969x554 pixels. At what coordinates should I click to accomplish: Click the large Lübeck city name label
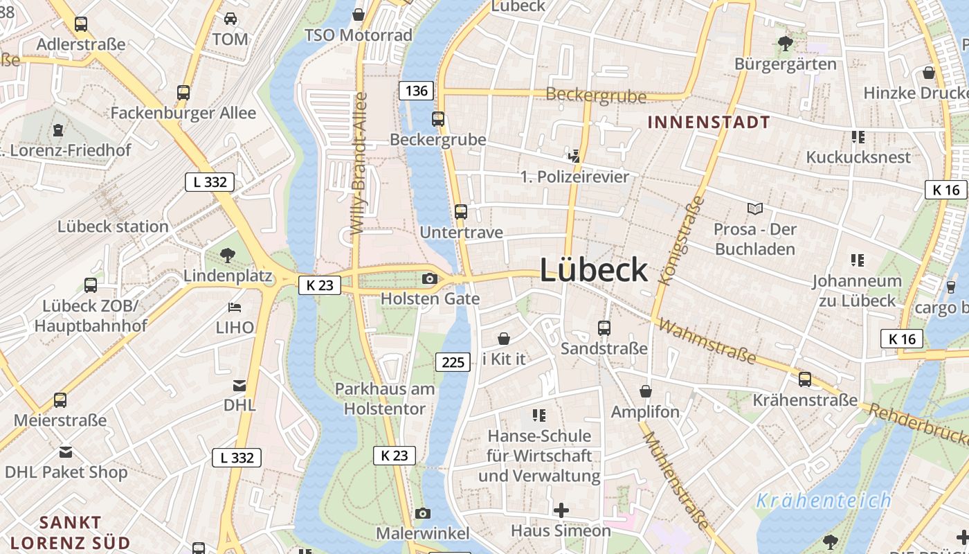593,270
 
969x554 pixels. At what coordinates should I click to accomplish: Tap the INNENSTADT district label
708,123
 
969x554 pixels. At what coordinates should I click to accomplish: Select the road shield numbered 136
416,90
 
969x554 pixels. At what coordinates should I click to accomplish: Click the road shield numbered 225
453,361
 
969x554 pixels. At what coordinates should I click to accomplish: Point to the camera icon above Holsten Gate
430,278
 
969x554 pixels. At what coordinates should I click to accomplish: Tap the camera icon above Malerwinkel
422,513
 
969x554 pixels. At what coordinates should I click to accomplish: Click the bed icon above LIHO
235,307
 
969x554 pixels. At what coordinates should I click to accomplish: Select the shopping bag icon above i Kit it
504,339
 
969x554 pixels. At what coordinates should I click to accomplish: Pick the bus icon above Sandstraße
604,328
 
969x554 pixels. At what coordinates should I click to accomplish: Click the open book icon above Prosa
755,208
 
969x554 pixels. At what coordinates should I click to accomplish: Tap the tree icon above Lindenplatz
227,256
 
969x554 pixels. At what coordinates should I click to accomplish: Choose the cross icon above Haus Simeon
561,510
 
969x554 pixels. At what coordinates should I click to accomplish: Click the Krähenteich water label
823,500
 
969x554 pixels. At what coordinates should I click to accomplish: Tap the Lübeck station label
113,226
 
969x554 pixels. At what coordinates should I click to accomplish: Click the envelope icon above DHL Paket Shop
66,452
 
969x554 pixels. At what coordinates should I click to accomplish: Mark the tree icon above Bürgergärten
785,44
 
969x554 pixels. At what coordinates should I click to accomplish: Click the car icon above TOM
230,19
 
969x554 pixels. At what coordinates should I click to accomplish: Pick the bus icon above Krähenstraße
804,379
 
